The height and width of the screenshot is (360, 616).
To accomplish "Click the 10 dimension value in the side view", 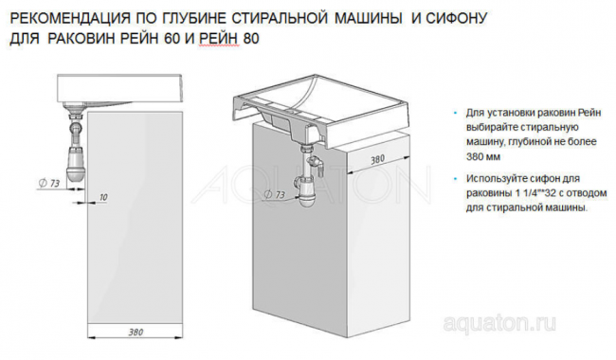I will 102,195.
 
